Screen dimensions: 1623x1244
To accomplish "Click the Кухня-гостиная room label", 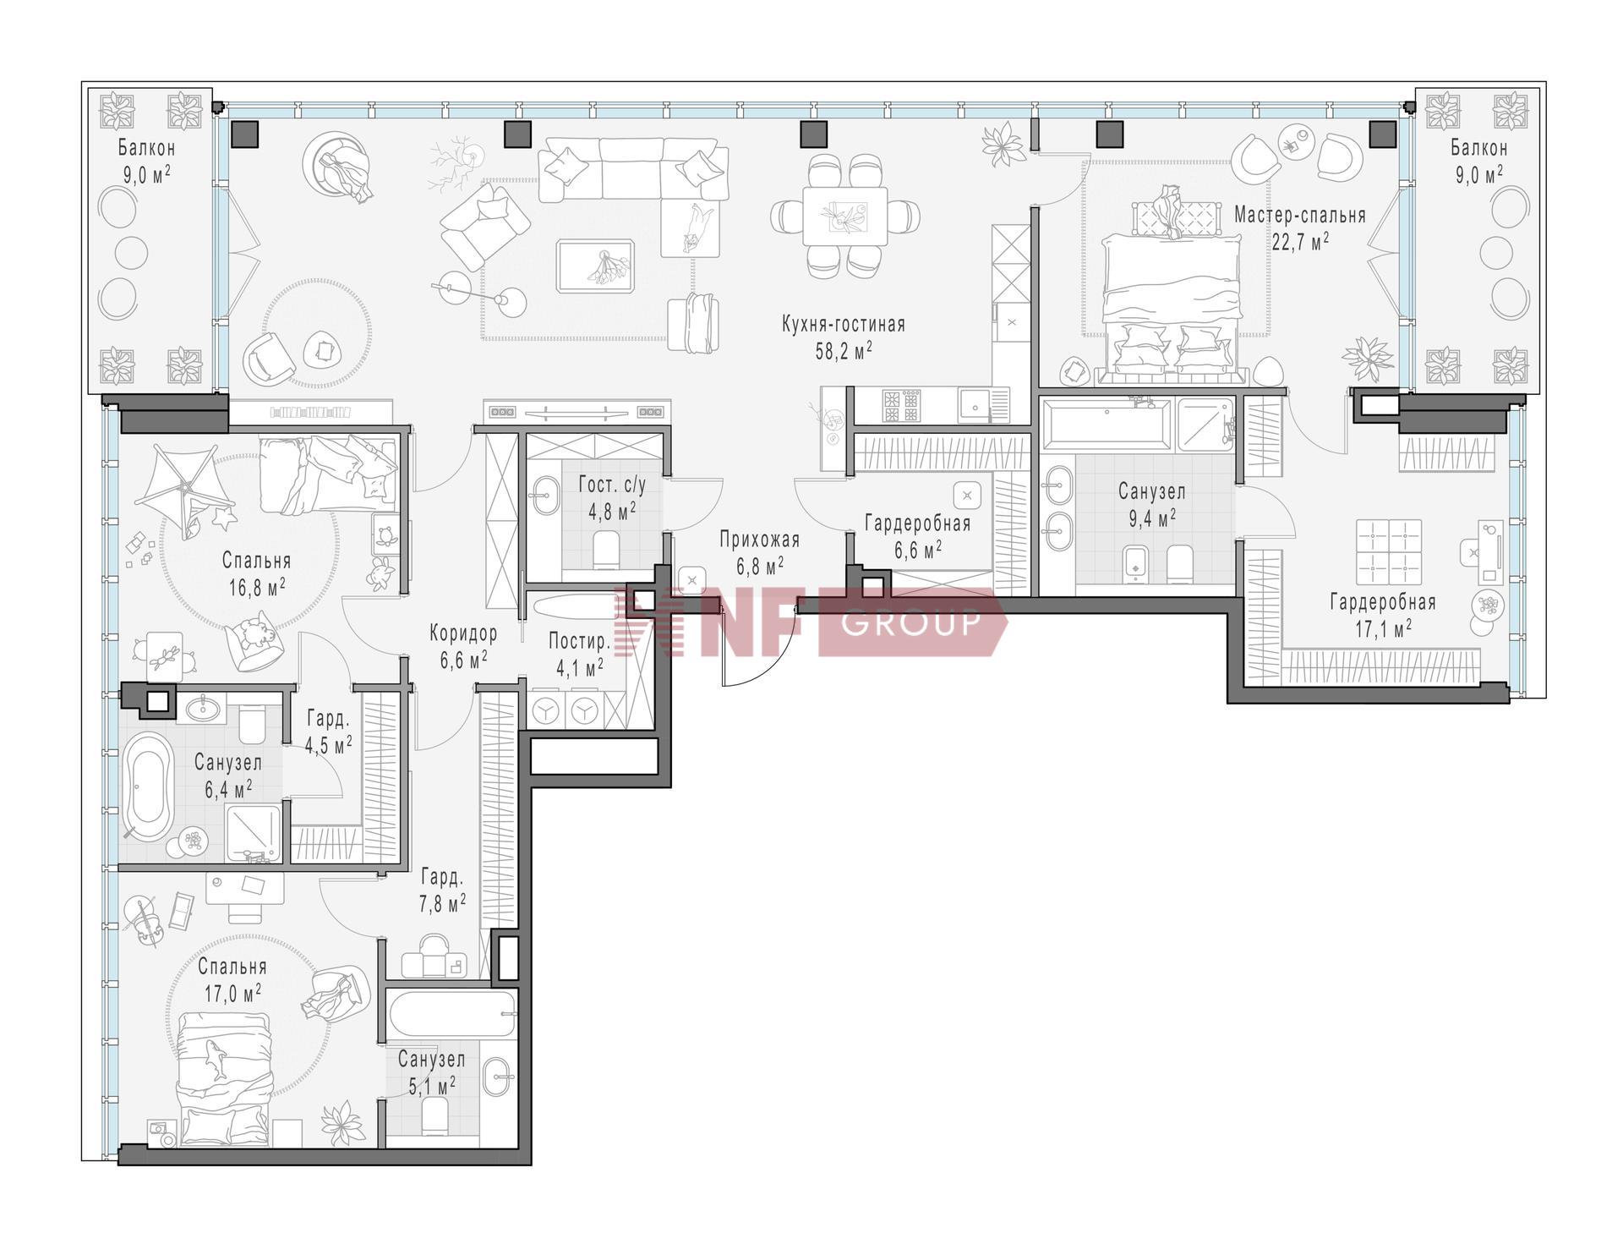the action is click(843, 325).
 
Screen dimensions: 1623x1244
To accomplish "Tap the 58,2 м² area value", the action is click(843, 351).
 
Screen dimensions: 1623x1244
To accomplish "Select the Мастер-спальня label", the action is click(1300, 216).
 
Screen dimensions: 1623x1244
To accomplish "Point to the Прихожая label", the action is click(759, 540).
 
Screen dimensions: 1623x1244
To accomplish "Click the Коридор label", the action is click(463, 633).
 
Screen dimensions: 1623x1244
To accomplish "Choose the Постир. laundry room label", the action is click(579, 641).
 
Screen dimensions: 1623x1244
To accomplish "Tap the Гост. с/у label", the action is click(612, 485).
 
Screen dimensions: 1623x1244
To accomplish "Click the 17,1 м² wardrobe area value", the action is click(1383, 628).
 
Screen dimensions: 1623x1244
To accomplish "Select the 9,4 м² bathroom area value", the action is click(1151, 518).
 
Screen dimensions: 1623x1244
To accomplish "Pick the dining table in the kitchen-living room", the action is click(844, 216).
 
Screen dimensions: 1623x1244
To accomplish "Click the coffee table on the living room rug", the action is click(595, 266).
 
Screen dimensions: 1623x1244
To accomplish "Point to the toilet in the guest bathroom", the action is click(607, 550).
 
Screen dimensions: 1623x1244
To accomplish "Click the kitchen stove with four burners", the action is click(901, 405).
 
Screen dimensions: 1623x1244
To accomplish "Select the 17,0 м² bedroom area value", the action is click(232, 991).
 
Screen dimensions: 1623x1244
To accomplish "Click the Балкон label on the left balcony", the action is click(146, 149).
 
